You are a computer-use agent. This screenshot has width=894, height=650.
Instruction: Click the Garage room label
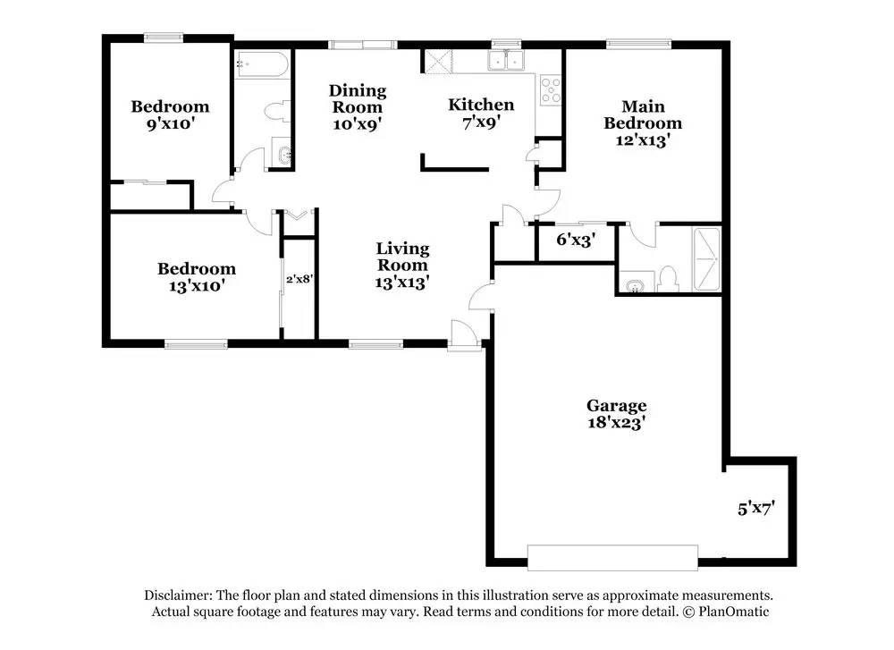[616, 405]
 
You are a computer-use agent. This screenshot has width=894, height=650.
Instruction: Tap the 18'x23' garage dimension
[616, 423]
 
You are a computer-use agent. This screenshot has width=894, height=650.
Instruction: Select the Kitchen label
[481, 105]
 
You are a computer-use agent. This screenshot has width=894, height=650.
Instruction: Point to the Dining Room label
[358, 98]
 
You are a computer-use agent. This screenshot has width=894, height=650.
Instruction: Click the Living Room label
[402, 257]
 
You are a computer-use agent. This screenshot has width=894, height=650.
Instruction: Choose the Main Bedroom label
[643, 114]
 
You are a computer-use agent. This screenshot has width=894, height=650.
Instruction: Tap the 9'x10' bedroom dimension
[171, 123]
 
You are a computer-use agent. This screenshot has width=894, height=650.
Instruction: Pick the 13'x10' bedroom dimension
[196, 285]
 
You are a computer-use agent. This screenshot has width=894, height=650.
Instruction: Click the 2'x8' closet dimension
[299, 279]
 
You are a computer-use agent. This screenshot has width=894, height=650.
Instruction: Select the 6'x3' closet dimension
[576, 240]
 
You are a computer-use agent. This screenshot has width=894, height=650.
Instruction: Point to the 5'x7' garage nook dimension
[756, 508]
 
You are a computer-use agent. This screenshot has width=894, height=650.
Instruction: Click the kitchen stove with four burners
[551, 90]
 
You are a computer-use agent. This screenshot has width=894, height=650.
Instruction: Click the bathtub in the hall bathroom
[262, 64]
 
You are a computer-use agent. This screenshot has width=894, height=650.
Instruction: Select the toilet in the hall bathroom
[279, 111]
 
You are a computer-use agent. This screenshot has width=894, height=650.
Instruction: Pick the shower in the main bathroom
[706, 259]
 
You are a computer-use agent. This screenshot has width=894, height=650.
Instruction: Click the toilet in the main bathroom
[667, 280]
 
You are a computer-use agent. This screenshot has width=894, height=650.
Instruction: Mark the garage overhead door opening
[612, 558]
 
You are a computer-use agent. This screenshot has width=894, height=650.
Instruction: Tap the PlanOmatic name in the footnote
[734, 612]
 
